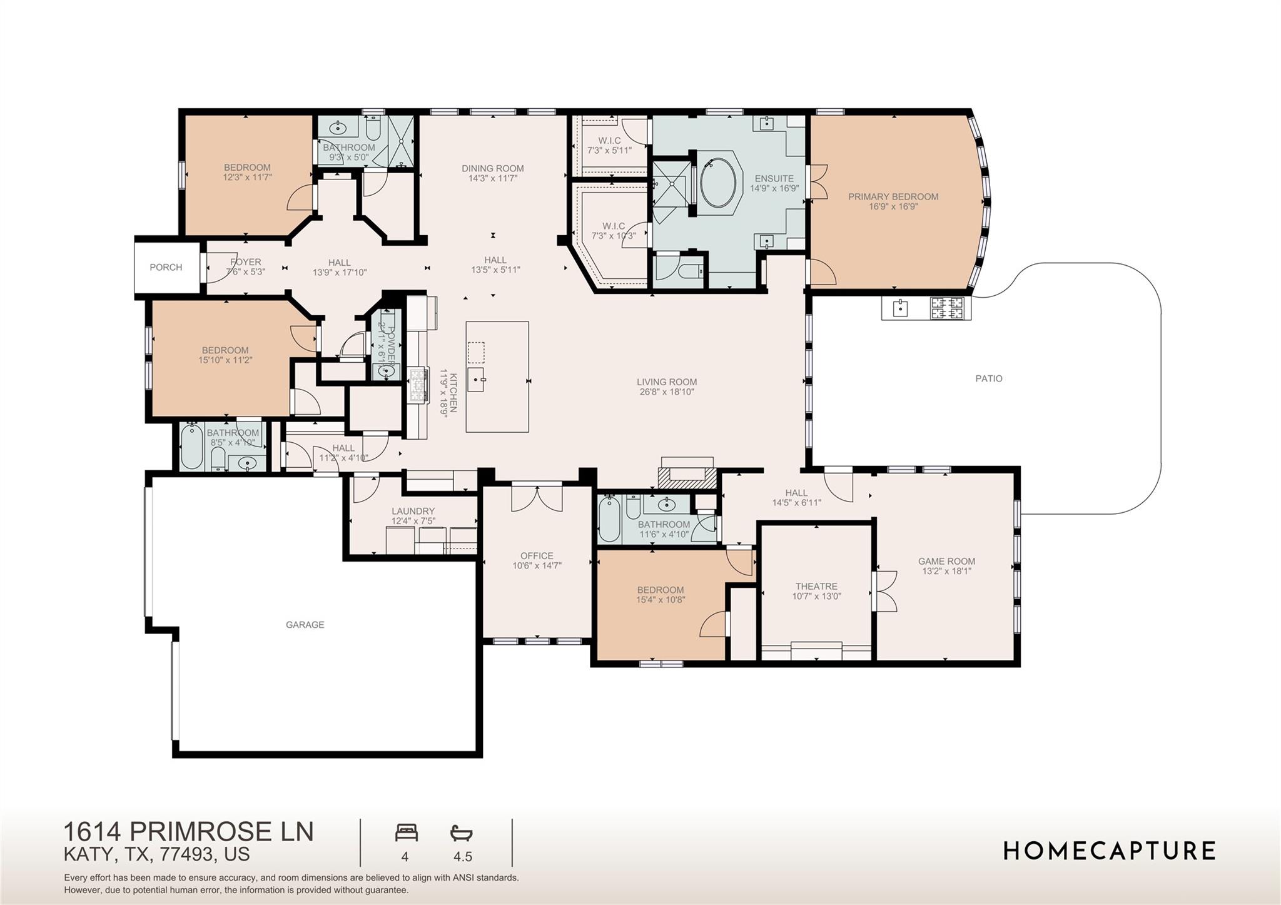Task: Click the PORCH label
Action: (166, 267)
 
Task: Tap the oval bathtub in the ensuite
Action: (719, 186)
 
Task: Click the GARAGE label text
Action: (305, 624)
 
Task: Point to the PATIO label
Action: (988, 378)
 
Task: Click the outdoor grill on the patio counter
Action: (949, 308)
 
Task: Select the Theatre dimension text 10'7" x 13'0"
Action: (816, 596)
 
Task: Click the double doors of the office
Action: (537, 497)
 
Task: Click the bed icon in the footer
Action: (406, 833)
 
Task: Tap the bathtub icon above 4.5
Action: (461, 833)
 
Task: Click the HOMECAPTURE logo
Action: (1109, 851)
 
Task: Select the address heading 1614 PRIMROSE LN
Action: (188, 831)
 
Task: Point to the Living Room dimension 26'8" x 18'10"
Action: (667, 392)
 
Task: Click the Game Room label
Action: (946, 561)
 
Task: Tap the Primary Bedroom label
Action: (893, 196)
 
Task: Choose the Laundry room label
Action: (413, 511)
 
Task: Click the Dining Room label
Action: (492, 168)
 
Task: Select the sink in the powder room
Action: (386, 371)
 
